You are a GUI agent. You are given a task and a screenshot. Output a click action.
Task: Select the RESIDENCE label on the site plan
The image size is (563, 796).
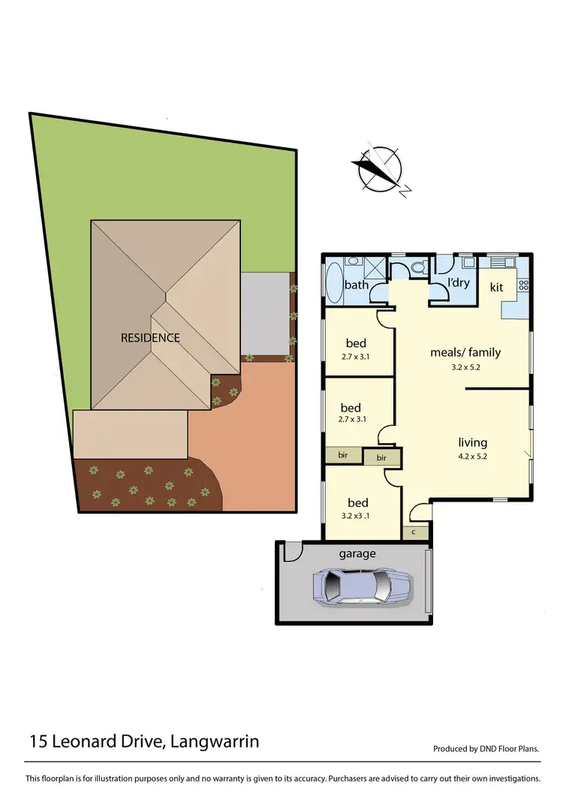150,338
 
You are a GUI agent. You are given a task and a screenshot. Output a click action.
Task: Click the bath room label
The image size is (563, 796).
356,285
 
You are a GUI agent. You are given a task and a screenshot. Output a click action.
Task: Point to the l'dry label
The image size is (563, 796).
458,283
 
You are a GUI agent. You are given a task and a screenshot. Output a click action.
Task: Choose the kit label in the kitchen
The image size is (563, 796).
497,287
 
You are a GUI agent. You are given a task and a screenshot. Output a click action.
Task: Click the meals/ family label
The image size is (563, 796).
465,352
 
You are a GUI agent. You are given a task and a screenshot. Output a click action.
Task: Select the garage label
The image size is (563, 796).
357,554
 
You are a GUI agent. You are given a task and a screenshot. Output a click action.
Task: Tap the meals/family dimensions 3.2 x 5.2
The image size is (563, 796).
465,366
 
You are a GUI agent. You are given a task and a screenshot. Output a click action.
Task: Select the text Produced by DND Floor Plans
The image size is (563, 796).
486,749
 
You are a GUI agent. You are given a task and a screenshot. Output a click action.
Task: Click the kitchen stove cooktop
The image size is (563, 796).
523,285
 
